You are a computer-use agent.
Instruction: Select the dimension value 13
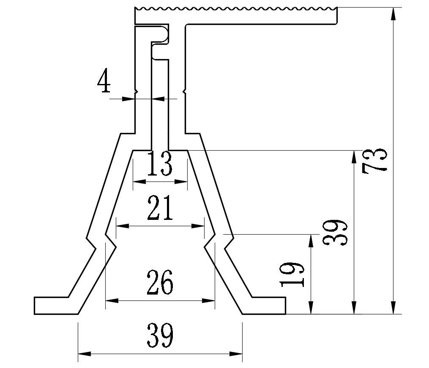tap(160, 165)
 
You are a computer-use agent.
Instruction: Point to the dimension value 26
tap(160, 283)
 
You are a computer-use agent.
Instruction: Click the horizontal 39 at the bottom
tap(160, 336)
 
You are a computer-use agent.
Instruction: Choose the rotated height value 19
tap(293, 274)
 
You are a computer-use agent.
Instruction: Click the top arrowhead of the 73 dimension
tap(393, 13)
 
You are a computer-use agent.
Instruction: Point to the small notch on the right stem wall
tap(184, 91)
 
